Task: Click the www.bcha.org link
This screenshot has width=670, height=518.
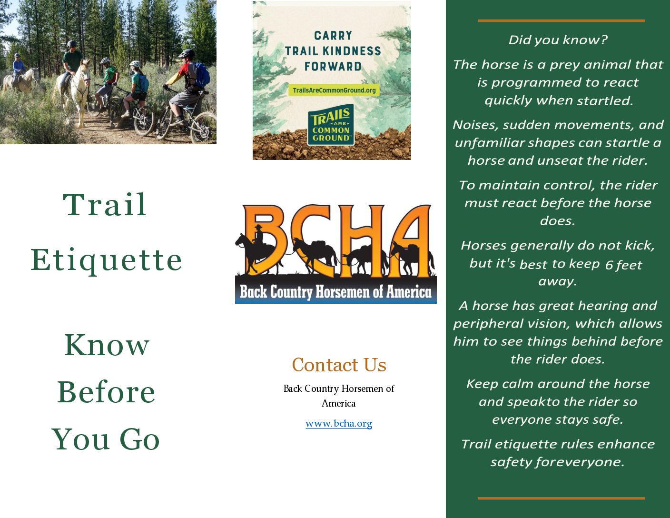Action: pyautogui.click(x=338, y=424)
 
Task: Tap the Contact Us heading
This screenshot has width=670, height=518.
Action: pyautogui.click(x=339, y=365)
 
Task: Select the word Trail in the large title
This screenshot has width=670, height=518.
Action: pyautogui.click(x=105, y=205)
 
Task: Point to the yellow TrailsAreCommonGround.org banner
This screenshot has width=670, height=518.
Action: pyautogui.click(x=334, y=90)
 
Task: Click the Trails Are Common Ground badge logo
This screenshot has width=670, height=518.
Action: pyautogui.click(x=331, y=125)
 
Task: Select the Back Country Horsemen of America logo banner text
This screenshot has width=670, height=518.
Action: pyautogui.click(x=335, y=292)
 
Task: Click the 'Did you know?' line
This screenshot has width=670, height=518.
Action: pyautogui.click(x=558, y=40)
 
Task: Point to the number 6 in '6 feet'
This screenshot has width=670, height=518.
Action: pyautogui.click(x=609, y=265)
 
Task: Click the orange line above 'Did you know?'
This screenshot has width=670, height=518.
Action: pyautogui.click(x=562, y=20)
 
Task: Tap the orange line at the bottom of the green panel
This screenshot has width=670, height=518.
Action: pyautogui.click(x=562, y=498)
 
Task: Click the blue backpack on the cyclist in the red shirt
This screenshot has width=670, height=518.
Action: pyautogui.click(x=202, y=75)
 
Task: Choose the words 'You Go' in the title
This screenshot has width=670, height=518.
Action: pyautogui.click(x=106, y=439)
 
